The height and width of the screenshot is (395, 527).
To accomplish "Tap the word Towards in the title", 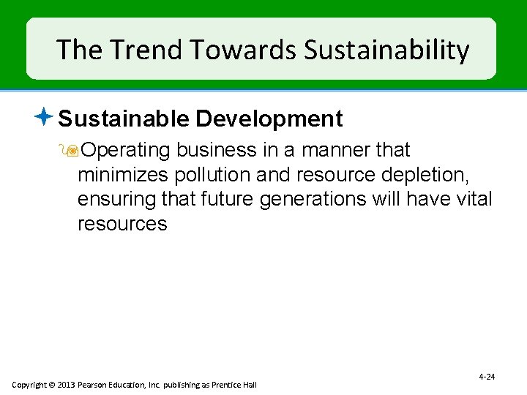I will [x=238, y=50].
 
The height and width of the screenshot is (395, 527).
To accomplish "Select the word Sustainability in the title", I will [x=386, y=50].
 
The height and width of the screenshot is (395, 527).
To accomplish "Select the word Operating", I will [x=126, y=150].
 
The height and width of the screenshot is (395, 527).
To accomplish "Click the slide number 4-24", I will [x=487, y=377].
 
